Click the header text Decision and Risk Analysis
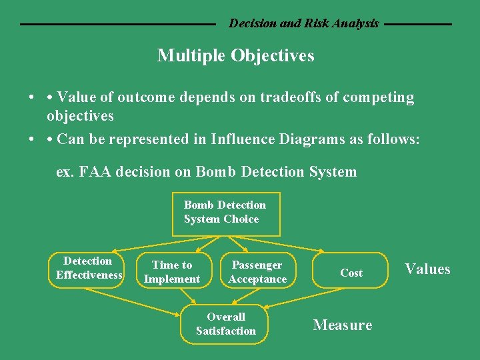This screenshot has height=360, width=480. pyautogui.click(x=303, y=23)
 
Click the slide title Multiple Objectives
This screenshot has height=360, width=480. pyautogui.click(x=235, y=55)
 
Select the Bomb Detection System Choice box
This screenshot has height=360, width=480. pyautogui.click(x=225, y=213)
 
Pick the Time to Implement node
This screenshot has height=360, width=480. pyautogui.click(x=172, y=272)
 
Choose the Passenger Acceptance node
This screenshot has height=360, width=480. pyautogui.click(x=257, y=272)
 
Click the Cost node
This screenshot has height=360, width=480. pyautogui.click(x=351, y=273)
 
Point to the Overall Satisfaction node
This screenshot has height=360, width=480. pyautogui.click(x=226, y=324)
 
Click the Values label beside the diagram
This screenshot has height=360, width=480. pyautogui.click(x=427, y=269)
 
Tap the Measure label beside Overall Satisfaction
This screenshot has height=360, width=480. pyautogui.click(x=343, y=325)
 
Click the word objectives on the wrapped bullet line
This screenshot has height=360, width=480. pyautogui.click(x=80, y=116)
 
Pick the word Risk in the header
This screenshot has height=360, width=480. pyautogui.click(x=316, y=23)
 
